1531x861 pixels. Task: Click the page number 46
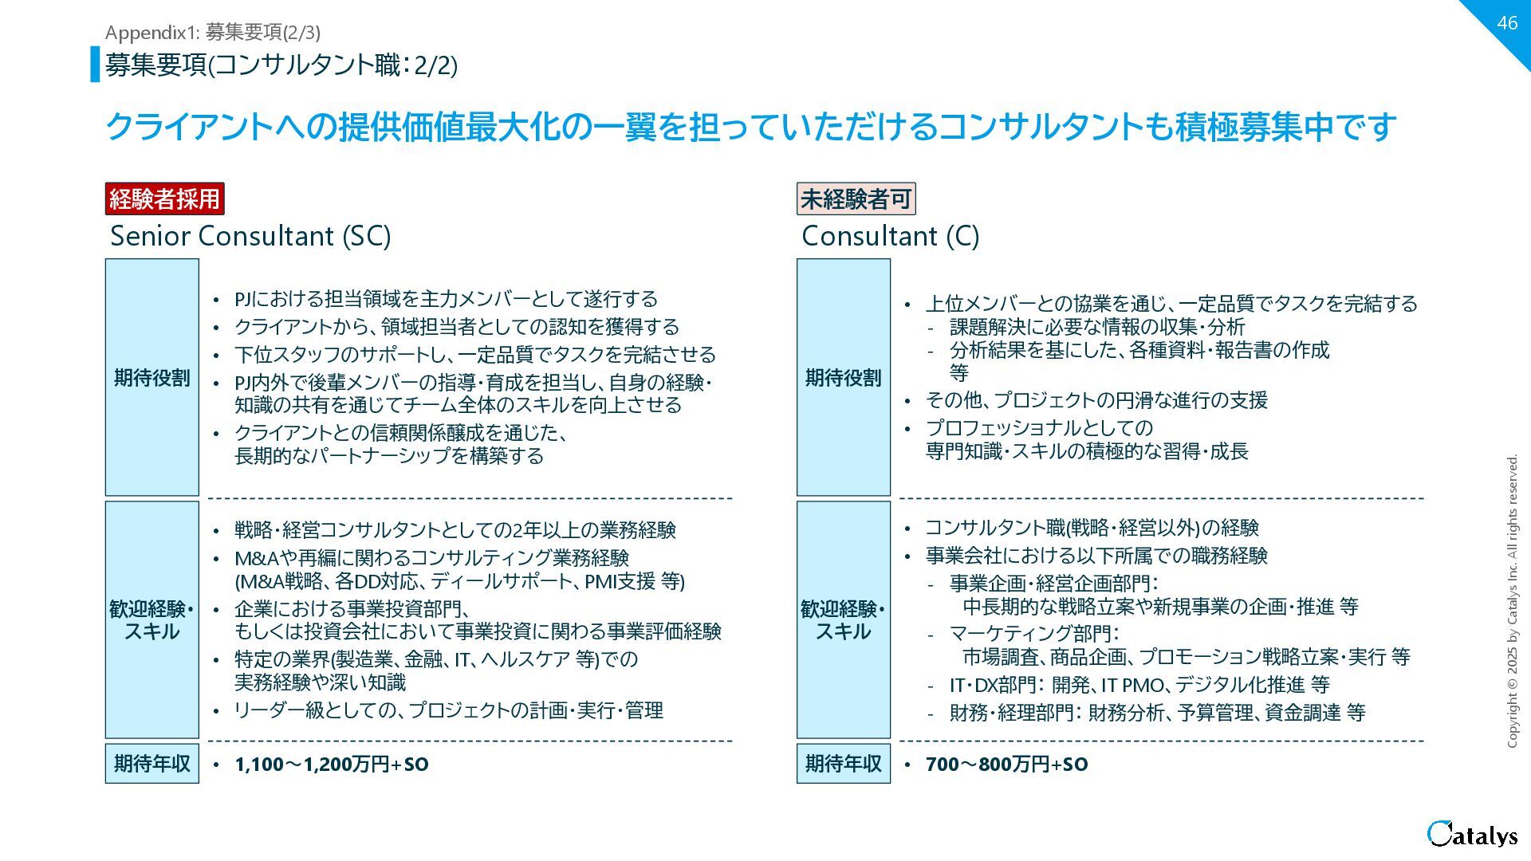(x=1506, y=23)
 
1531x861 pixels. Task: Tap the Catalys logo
(x=1472, y=834)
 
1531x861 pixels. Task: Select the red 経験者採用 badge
(x=164, y=199)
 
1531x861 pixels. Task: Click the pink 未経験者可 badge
(x=856, y=199)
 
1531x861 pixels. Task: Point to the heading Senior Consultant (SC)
(x=250, y=236)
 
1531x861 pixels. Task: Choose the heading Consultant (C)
(x=890, y=236)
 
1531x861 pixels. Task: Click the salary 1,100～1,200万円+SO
(x=331, y=765)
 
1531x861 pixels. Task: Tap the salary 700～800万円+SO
(x=1006, y=765)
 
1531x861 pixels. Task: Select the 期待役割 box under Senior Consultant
(x=152, y=377)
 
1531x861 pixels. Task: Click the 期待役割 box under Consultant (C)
(x=843, y=377)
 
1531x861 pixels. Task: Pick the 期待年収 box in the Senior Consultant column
(x=152, y=764)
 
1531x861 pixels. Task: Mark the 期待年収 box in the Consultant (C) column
(x=843, y=764)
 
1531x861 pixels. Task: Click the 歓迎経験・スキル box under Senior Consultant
(x=152, y=620)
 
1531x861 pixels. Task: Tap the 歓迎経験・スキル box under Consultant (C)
(x=843, y=620)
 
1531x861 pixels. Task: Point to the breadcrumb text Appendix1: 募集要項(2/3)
(x=212, y=32)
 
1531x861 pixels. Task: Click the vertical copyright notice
(x=1512, y=601)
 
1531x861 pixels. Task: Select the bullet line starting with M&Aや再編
(x=431, y=558)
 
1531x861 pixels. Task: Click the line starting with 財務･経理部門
(x=1157, y=713)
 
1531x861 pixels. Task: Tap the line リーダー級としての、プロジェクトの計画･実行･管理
(x=448, y=710)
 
